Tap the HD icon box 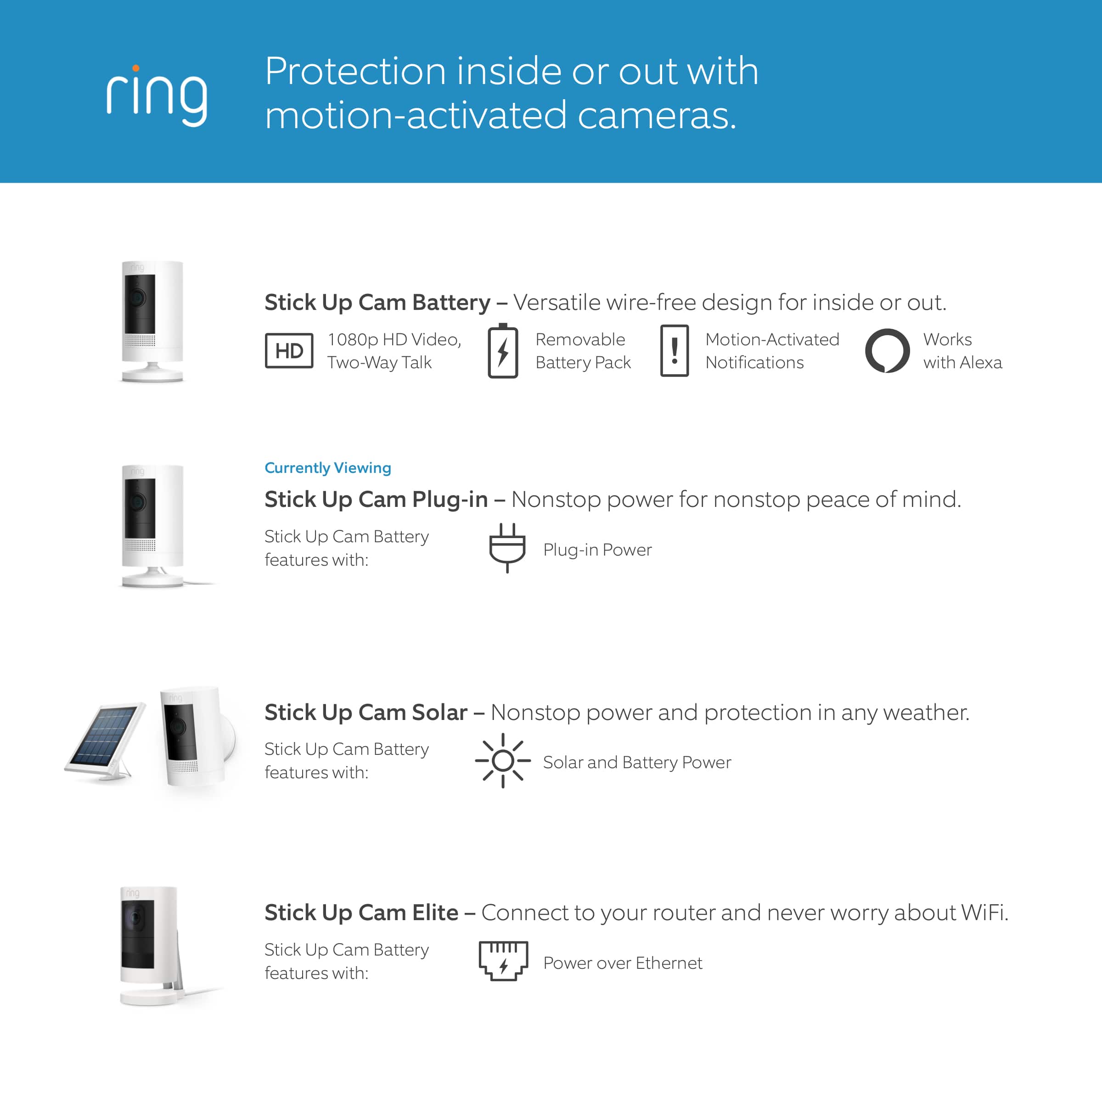(x=289, y=350)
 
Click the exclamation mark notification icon (x=674, y=350)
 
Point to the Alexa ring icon (x=887, y=350)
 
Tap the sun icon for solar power (x=502, y=760)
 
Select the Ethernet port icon (x=503, y=961)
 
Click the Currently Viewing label (x=327, y=468)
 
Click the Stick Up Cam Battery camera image (x=152, y=320)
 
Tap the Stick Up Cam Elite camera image (x=149, y=945)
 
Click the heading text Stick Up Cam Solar (x=365, y=713)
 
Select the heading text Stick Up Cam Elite (x=361, y=913)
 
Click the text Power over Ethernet (x=622, y=963)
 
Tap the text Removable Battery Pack (x=582, y=351)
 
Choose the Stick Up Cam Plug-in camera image (x=152, y=525)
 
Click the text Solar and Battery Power (x=636, y=762)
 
